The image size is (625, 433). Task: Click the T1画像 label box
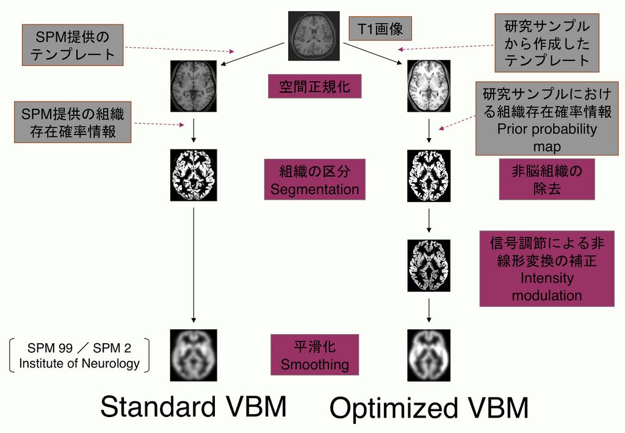380,28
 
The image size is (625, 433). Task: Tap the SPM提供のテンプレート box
73,45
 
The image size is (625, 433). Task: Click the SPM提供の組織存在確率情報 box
73,122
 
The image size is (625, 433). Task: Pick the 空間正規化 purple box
314,86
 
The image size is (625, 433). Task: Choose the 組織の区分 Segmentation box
314,180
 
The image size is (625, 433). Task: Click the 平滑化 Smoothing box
314,355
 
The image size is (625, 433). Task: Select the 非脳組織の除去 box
546,180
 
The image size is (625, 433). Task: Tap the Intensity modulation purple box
546,269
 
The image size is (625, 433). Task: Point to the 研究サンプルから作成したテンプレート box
546,43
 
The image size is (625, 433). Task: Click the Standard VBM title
193,407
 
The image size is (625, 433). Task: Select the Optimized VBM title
428,409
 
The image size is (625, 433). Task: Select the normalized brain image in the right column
428,86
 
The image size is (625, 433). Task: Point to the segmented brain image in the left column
193,175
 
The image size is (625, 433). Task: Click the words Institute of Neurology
79,364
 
